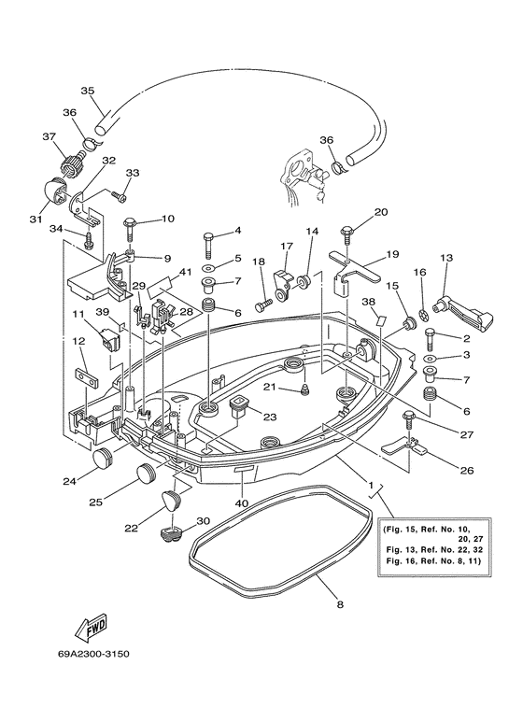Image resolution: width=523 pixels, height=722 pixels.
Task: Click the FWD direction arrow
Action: (91, 628)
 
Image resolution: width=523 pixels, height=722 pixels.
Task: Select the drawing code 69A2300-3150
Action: (94, 654)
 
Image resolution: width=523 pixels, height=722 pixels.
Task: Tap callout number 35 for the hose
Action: (87, 91)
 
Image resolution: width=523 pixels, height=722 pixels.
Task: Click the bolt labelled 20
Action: (346, 235)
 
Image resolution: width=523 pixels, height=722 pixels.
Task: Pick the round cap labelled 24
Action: (102, 459)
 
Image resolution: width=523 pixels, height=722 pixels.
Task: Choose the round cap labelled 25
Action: (147, 474)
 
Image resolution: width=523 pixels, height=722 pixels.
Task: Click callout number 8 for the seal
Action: (340, 604)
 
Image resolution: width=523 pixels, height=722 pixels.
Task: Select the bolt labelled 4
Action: (208, 245)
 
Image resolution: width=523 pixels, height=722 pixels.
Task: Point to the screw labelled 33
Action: (120, 196)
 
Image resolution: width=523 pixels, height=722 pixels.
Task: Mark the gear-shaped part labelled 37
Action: (73, 164)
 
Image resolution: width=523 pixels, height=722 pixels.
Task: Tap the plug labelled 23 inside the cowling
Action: (238, 406)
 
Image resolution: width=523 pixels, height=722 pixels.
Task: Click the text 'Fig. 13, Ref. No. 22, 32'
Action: (434, 549)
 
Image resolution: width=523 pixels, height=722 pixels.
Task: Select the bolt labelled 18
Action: (263, 304)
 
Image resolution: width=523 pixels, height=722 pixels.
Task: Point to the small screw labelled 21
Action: (304, 390)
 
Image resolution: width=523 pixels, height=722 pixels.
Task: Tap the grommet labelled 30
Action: (170, 534)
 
